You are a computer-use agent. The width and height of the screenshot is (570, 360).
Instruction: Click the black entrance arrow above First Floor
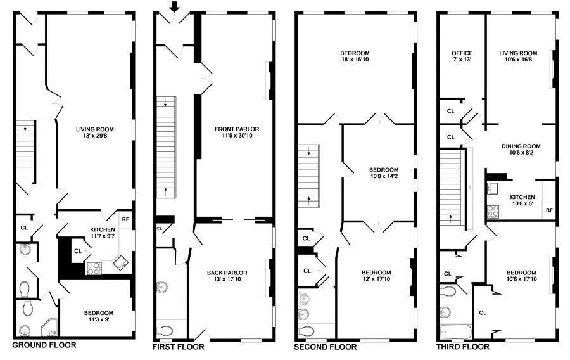[175, 6]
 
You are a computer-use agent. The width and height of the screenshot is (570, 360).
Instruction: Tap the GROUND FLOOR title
[44, 345]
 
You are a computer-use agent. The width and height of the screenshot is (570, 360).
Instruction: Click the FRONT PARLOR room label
[237, 129]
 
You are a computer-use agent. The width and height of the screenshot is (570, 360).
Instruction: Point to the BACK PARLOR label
[227, 273]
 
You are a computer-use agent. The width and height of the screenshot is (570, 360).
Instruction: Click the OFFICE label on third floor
[462, 53]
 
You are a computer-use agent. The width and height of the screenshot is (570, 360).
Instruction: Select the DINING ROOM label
[525, 146]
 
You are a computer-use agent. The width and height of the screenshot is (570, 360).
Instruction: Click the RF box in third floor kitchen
[548, 210]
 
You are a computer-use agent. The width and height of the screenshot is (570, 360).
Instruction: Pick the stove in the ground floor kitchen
[94, 268]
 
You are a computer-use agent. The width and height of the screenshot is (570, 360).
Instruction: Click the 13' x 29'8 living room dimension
[94, 135]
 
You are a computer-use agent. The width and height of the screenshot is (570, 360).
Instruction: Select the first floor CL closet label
[160, 228]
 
